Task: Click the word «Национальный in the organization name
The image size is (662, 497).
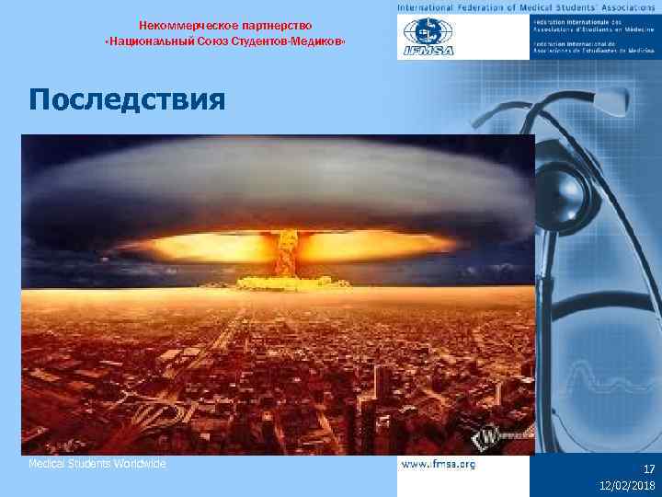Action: [x=146, y=44]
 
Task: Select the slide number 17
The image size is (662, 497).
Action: [x=648, y=468]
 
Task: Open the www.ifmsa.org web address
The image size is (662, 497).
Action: [x=439, y=465]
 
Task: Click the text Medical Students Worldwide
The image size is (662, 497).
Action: [x=97, y=464]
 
